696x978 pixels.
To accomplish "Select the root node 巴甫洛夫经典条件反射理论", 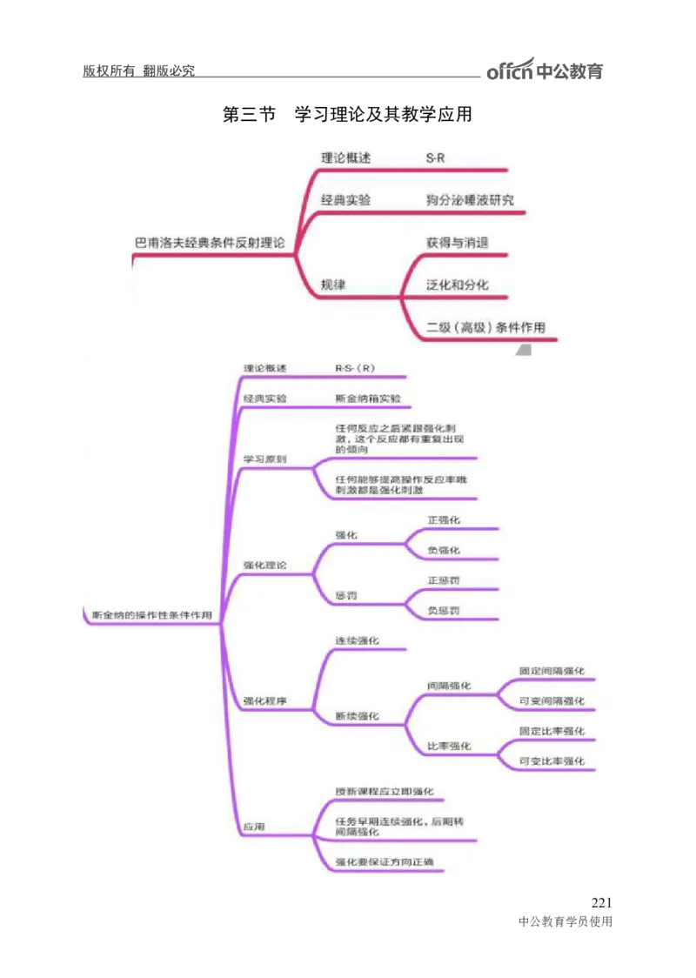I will (209, 243).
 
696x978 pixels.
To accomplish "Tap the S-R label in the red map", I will (436, 157).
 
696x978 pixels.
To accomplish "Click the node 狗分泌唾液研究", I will (469, 200).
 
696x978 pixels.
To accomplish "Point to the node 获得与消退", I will (457, 242).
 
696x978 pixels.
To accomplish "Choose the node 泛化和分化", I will (457, 285).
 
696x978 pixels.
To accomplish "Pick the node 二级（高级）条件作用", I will (485, 328).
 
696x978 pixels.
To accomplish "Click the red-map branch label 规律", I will (333, 285).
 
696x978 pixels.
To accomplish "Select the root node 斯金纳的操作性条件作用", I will (151, 615).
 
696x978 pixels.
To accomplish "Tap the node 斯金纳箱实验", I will (368, 399).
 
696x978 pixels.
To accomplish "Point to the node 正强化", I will (444, 519).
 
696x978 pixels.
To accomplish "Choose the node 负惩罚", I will (444, 611).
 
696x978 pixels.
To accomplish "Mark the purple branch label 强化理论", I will (264, 566).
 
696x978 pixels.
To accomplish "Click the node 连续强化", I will (357, 640).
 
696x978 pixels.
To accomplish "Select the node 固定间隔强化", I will (552, 671).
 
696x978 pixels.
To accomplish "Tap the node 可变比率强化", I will (552, 761).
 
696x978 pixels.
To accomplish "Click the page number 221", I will (601, 902).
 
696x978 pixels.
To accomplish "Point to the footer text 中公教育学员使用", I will (565, 922).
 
